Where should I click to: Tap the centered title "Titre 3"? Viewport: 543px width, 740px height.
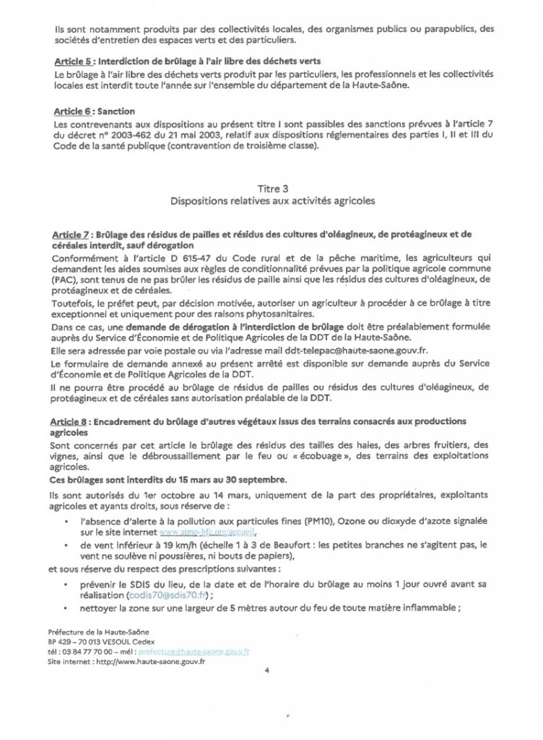tap(272, 188)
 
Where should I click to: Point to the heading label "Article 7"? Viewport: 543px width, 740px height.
tap(71, 236)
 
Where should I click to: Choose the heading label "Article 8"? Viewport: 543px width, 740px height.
tap(71, 421)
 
